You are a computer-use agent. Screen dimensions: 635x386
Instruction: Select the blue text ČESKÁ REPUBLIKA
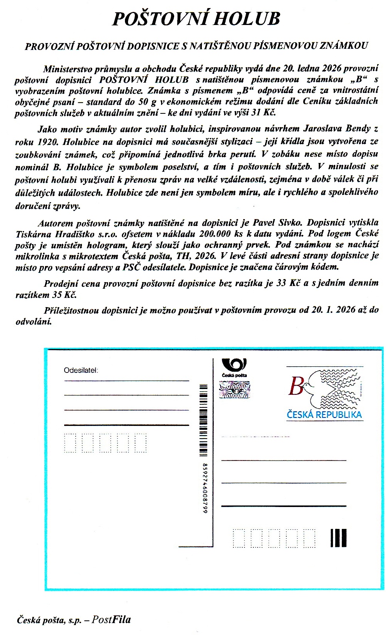tap(324, 415)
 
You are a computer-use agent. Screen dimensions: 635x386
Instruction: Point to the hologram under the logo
tap(235, 389)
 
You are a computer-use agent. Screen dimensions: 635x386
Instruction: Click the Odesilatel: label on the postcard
tap(81, 371)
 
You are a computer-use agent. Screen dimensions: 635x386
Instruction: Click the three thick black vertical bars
tap(338, 538)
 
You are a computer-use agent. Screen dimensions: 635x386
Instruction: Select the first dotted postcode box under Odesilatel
tap(70, 443)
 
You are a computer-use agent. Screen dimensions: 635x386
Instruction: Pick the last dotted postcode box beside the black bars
tap(309, 538)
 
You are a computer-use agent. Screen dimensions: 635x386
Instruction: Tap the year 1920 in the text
tap(48, 141)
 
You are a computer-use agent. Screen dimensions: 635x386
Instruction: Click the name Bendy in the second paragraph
tap(356, 129)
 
